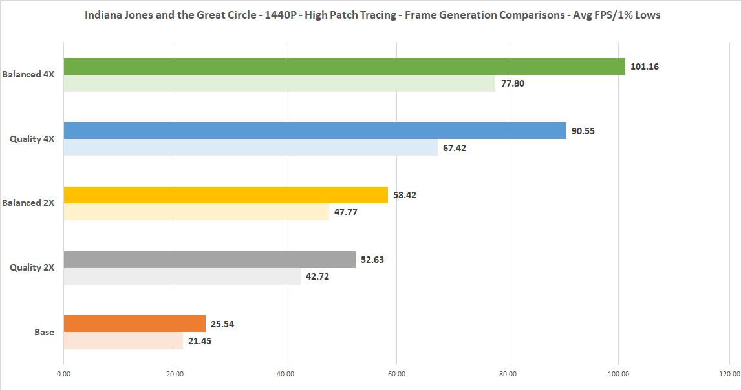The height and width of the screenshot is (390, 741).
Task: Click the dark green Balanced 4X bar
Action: (345, 67)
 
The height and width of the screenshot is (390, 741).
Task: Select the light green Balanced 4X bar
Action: (279, 83)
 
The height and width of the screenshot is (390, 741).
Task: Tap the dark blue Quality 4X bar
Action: (315, 130)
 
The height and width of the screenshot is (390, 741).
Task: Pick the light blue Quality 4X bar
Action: (251, 147)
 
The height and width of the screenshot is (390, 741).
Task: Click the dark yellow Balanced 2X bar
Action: (226, 195)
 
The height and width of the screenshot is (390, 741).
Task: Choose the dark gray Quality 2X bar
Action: (209, 260)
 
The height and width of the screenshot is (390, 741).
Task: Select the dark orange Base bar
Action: (134, 323)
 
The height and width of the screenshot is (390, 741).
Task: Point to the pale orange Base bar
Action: (124, 340)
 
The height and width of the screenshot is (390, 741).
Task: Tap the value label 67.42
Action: (455, 148)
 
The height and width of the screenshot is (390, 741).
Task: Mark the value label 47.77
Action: (345, 212)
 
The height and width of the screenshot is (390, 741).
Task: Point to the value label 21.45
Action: (200, 341)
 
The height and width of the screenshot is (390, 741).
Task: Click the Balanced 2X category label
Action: (28, 203)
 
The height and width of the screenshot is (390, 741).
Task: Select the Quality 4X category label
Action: (32, 138)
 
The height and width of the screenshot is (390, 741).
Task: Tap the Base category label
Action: (44, 332)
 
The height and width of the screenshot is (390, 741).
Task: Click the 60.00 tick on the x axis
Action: (396, 373)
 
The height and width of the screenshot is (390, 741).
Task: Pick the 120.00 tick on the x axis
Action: (729, 373)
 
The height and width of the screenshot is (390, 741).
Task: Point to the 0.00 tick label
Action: (63, 373)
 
